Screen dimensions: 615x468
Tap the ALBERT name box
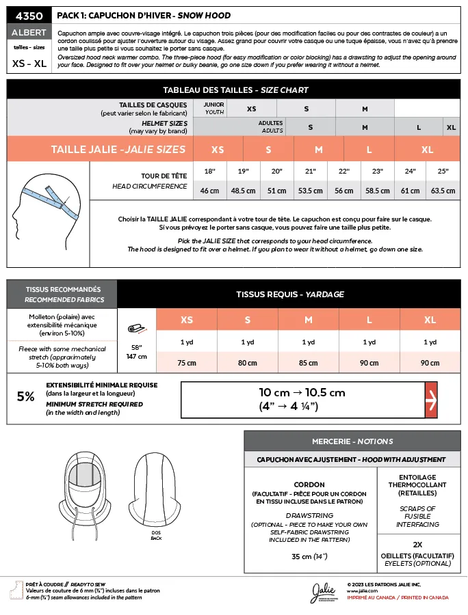click(x=28, y=32)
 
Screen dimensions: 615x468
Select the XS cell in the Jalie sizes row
click(x=218, y=149)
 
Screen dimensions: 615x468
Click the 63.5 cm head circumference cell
click(x=443, y=191)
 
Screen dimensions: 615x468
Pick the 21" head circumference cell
click(x=311, y=171)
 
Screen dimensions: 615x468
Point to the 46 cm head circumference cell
click(x=209, y=191)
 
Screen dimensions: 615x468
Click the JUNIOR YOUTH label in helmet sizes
click(x=214, y=108)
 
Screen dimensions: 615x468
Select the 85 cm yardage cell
click(x=309, y=363)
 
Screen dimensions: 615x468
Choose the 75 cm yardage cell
click(x=187, y=363)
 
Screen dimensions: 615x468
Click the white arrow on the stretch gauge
click(x=431, y=399)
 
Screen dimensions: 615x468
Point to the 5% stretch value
click(x=25, y=396)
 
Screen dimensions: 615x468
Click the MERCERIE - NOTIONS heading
click(x=352, y=441)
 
